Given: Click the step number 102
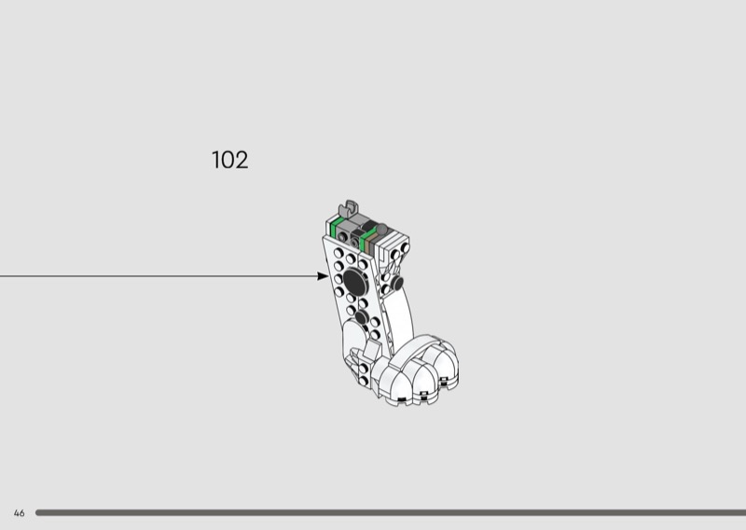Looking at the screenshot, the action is (229, 160).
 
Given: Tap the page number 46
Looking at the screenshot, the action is (19, 513).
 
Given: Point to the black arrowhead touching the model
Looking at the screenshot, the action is (323, 275).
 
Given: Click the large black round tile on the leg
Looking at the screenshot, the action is (355, 282).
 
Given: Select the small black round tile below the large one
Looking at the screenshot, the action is (361, 316).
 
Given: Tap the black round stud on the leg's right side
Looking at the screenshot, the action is (397, 284).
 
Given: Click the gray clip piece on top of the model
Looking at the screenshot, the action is (349, 209).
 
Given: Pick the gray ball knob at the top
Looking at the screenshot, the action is (381, 230).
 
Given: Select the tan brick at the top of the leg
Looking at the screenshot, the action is (370, 241).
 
